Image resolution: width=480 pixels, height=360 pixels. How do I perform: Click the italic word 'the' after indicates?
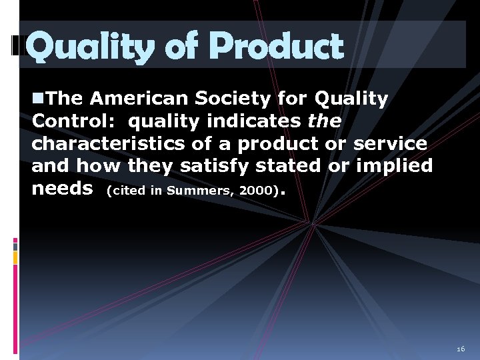[325, 121]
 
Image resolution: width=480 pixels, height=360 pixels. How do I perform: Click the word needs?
[62, 188]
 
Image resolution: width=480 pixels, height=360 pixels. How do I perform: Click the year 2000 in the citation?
[255, 190]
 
